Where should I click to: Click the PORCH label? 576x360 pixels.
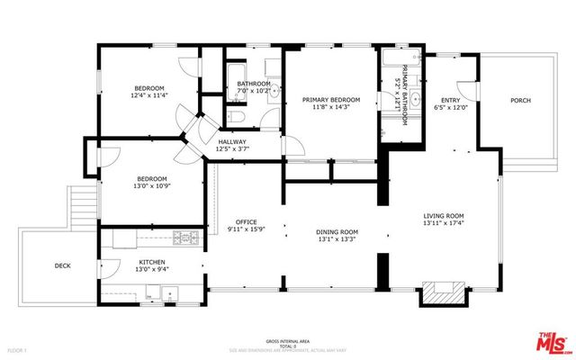click(x=521, y=101)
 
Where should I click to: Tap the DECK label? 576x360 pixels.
click(x=62, y=265)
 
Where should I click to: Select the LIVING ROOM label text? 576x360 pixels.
click(x=444, y=216)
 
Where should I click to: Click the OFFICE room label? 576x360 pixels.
click(x=247, y=221)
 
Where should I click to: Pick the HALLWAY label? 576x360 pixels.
click(x=232, y=141)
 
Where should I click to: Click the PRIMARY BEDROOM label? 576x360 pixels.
click(x=330, y=100)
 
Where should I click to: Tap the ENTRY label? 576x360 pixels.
click(x=450, y=100)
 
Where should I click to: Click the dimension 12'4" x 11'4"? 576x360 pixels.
click(x=149, y=95)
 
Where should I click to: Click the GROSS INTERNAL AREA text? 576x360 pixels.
click(x=287, y=342)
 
